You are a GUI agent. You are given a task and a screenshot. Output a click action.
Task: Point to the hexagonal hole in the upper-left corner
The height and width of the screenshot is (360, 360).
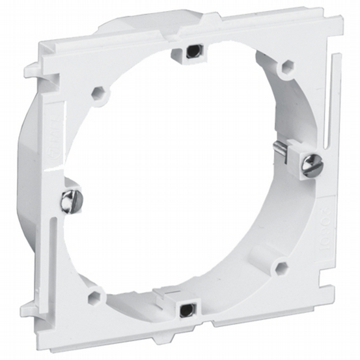point(100,92)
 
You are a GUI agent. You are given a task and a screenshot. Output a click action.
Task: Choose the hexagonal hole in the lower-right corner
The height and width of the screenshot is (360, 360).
point(281,267)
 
